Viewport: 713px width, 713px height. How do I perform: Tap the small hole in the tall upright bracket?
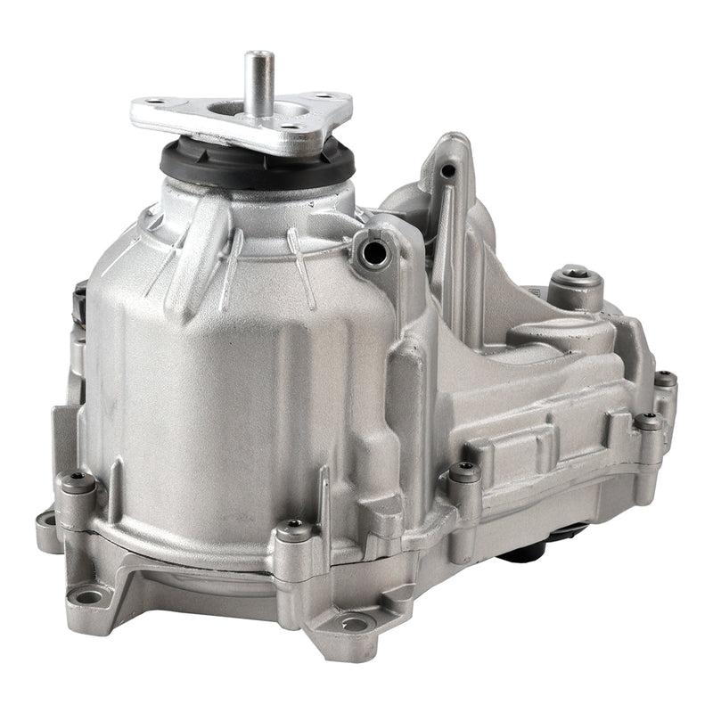click(x=449, y=169)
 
